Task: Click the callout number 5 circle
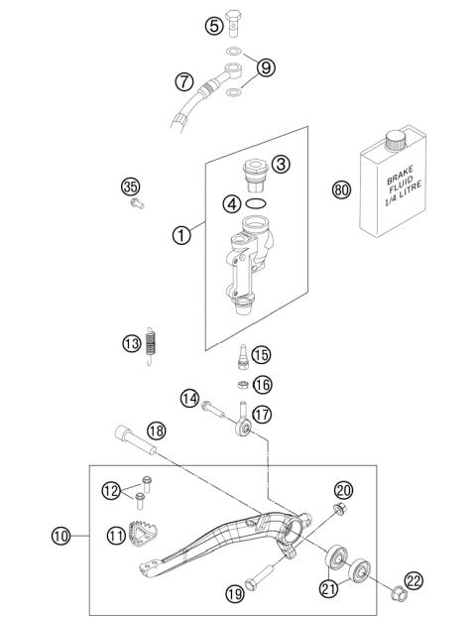pyautogui.click(x=214, y=27)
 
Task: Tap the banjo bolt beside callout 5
pyautogui.click(x=234, y=21)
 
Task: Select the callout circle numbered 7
pyautogui.click(x=183, y=81)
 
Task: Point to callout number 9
pyautogui.click(x=265, y=68)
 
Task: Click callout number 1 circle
pyautogui.click(x=180, y=236)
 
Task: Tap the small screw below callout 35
pyautogui.click(x=137, y=204)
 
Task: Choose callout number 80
pyautogui.click(x=313, y=188)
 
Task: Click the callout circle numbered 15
pyautogui.click(x=261, y=355)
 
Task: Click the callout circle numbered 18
pyautogui.click(x=156, y=431)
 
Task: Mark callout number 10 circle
pyautogui.click(x=61, y=537)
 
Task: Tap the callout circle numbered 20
pyautogui.click(x=344, y=490)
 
